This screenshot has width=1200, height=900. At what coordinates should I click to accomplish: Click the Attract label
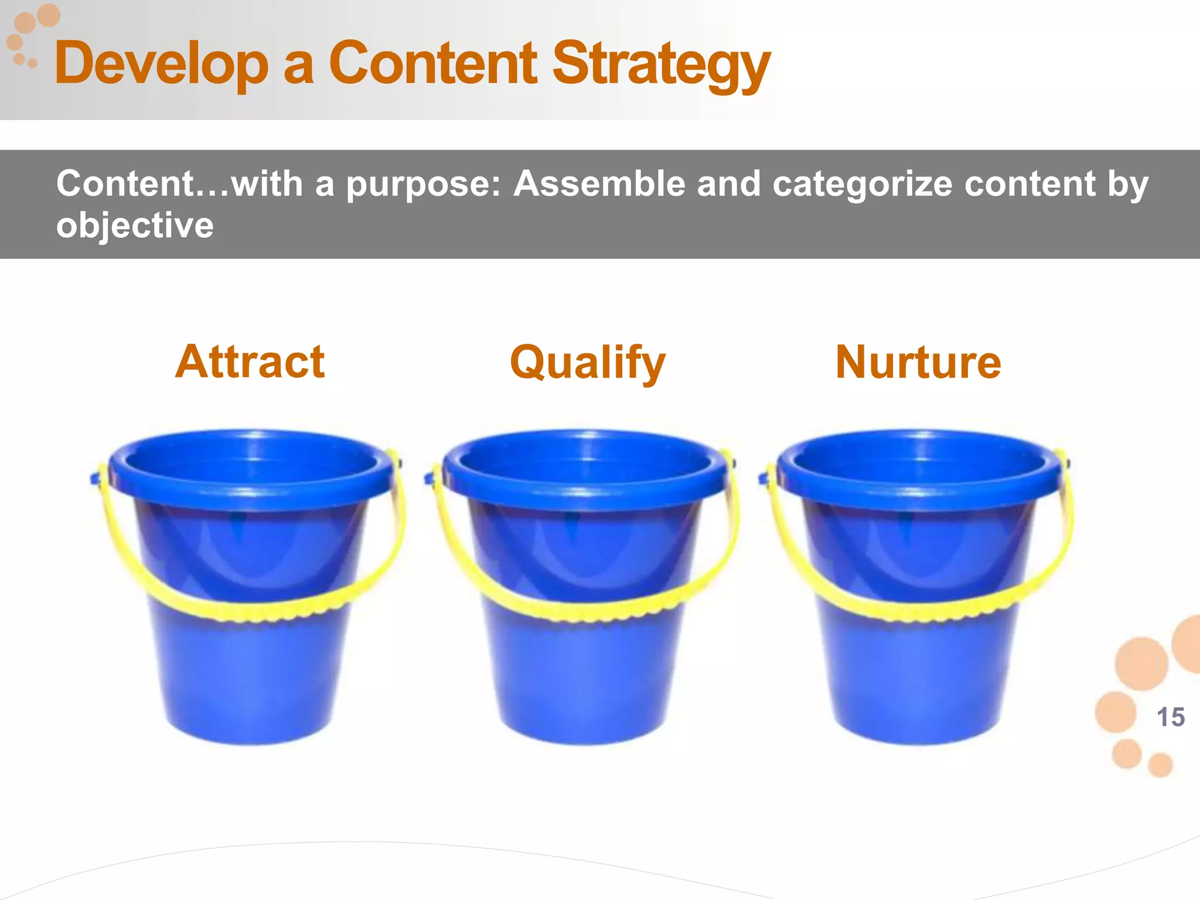(250, 362)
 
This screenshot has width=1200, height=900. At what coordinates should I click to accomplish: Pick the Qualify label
(588, 363)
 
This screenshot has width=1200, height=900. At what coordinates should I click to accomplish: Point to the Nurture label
(918, 363)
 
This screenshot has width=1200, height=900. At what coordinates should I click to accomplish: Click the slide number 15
(1170, 717)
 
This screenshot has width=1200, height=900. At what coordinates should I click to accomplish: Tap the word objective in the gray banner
(135, 226)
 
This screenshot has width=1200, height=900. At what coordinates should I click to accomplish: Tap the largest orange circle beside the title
(49, 15)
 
